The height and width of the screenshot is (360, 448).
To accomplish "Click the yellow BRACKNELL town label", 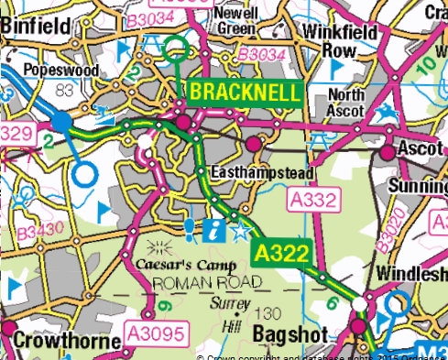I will [x=245, y=93].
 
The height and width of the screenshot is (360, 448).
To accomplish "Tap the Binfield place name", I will [x=36, y=27].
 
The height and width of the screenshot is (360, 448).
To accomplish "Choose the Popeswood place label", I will [x=61, y=71].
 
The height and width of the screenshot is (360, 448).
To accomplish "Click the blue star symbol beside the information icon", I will [x=240, y=230].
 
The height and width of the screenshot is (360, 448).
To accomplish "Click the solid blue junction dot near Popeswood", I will [x=61, y=121].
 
